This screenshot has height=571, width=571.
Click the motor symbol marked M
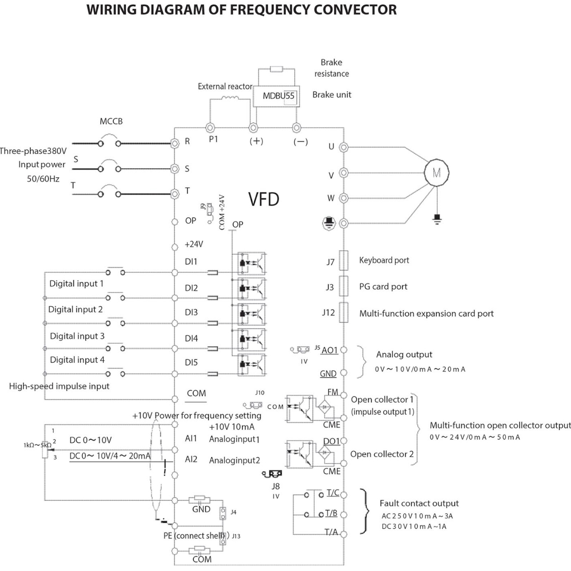pos(436,173)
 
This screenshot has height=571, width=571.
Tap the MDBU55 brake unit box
pos(276,96)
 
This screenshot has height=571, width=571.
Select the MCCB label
pos(111,121)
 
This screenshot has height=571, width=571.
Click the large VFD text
pos(263,199)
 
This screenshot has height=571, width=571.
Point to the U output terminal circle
pos(344,147)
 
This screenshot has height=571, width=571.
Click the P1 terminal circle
pos(210,128)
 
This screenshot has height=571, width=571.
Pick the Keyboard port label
pos(384,260)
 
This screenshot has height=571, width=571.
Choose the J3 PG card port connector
pos(343,286)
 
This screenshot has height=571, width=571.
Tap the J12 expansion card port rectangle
pos(343,313)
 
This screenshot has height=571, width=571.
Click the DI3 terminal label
pos(191,312)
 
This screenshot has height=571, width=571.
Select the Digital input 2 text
pos(75,309)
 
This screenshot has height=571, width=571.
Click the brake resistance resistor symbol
pos(276,69)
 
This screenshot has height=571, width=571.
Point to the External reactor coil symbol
pos(230,98)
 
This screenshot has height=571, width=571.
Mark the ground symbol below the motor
pos(437,218)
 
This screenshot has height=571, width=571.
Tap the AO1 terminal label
pos(329,350)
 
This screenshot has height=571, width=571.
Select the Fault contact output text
pos(419,504)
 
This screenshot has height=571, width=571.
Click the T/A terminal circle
pos(344,534)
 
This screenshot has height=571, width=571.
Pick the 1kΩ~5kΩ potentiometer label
pos(37,445)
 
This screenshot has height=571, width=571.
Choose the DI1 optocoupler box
pos(252,263)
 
